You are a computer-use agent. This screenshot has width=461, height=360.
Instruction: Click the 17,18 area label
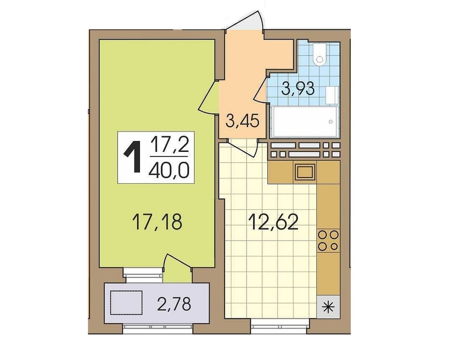pos(157,222)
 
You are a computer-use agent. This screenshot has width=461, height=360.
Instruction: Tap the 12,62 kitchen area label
pos(273,222)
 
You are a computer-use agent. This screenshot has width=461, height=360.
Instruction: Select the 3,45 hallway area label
pos(243,121)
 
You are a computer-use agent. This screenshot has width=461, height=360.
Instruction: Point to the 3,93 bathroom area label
pos(298,88)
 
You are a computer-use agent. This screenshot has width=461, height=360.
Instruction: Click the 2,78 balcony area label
pos(174,304)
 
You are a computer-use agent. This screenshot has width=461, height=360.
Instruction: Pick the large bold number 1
pos(133,157)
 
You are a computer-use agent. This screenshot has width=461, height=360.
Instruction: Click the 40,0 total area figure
pos(169,170)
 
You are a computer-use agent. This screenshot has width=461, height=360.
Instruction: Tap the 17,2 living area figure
pos(169,145)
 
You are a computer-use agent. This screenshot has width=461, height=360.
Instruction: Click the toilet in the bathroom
pos(319,55)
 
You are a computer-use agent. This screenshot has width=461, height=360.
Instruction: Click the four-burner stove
pos(328,240)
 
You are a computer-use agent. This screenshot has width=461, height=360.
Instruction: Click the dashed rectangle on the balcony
pos(127,303)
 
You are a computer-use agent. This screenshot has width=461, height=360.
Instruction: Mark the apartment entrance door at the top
pos(244,21)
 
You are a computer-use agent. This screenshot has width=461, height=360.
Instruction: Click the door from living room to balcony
pos(177,262)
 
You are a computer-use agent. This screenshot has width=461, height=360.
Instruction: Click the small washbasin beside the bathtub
pos(333,95)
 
